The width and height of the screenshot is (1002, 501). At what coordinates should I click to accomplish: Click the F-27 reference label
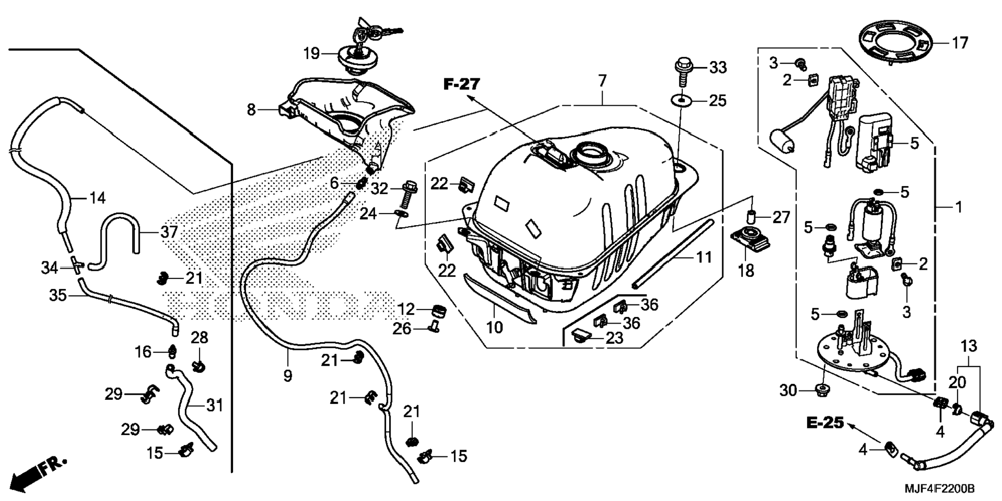(x=462, y=84)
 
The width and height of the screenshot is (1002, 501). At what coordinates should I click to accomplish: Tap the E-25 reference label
(x=825, y=423)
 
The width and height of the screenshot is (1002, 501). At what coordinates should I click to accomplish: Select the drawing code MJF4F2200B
(x=939, y=489)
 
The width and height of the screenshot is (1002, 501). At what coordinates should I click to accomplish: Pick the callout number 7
(x=602, y=81)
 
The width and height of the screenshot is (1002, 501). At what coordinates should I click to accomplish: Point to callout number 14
(x=97, y=198)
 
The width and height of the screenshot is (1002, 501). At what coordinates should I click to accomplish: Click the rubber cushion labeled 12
(x=439, y=311)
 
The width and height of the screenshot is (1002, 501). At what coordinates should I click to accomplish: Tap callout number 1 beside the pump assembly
(x=958, y=207)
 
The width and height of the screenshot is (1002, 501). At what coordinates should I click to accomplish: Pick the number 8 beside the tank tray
(x=251, y=110)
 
